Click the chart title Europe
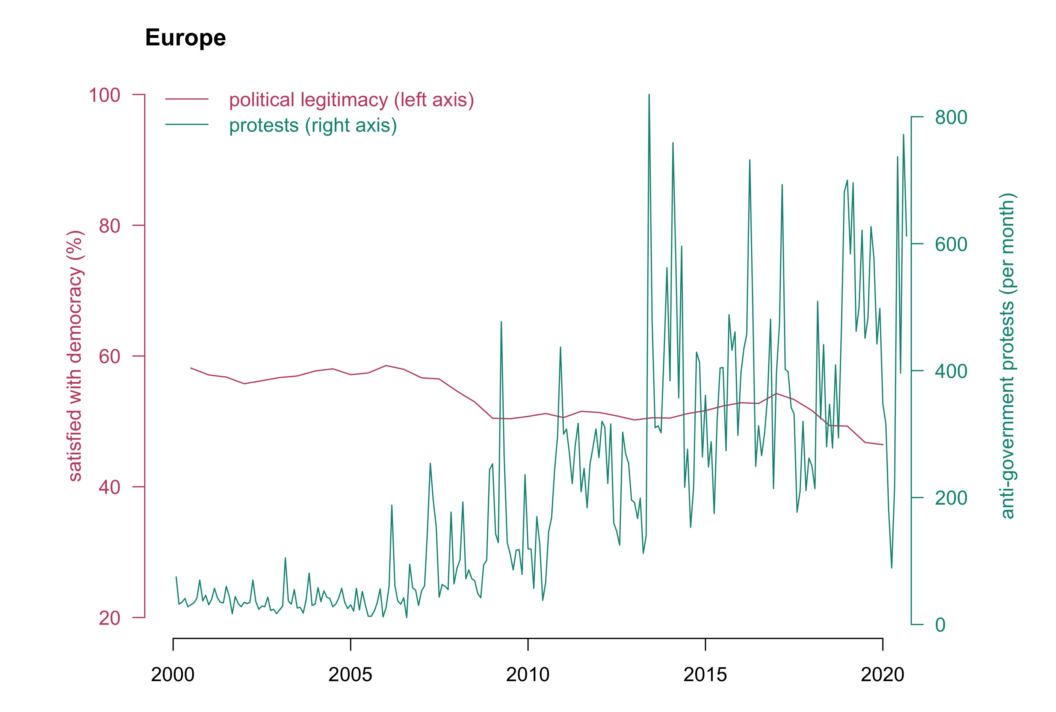(x=185, y=38)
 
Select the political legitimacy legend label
(x=351, y=100)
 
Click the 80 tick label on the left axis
(x=109, y=226)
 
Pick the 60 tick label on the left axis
(x=109, y=357)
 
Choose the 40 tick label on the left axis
(x=109, y=487)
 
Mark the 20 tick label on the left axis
(x=109, y=618)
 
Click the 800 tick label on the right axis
(x=951, y=117)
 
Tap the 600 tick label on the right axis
(x=951, y=244)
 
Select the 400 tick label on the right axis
(x=951, y=371)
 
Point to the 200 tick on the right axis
(x=951, y=498)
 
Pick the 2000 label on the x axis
(x=173, y=675)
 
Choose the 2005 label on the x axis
(x=350, y=675)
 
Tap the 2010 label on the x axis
(x=527, y=675)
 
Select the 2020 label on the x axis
(x=882, y=675)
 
